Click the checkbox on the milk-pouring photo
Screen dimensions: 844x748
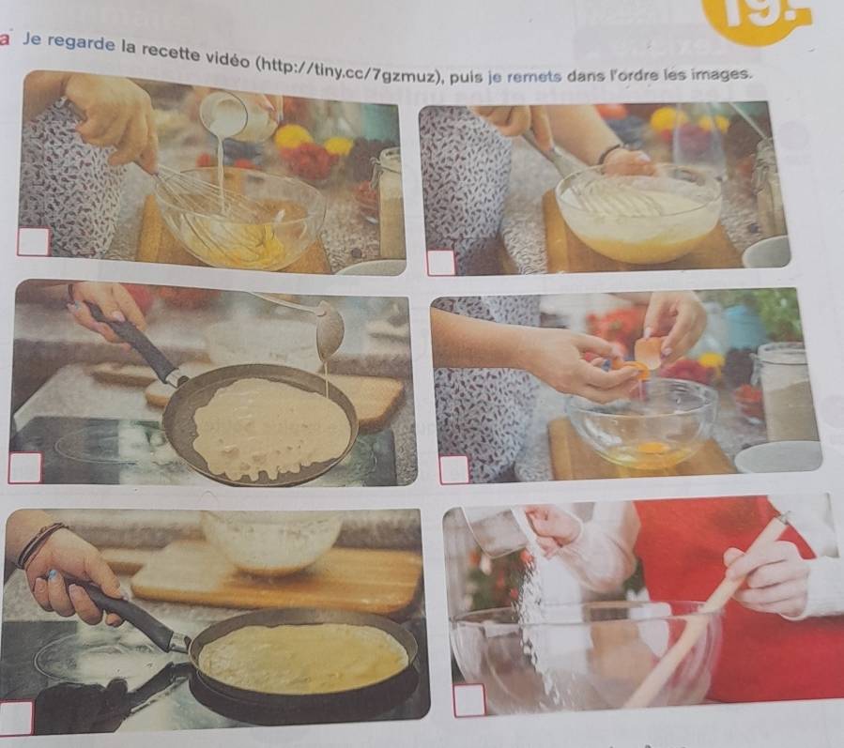34,241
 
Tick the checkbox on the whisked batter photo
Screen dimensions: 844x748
441,263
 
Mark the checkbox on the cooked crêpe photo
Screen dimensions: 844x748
16,717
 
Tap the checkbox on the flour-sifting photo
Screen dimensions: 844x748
469,700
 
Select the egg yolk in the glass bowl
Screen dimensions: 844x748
652,448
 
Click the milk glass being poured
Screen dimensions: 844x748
237,115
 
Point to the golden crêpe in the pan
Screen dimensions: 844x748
302,658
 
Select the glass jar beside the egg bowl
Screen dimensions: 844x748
787,391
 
